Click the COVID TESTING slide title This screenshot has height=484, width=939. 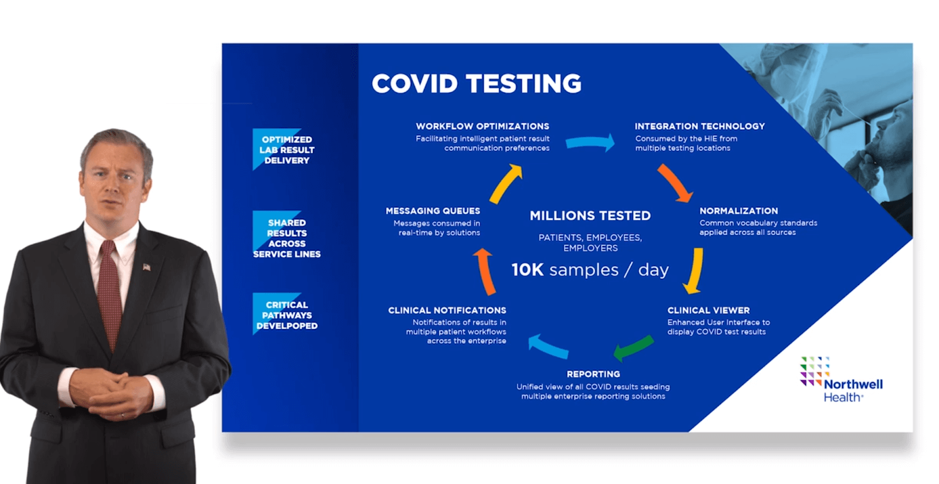coord(476,83)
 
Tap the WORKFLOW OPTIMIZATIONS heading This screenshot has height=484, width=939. coord(482,126)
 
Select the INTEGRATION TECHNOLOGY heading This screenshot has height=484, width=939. coord(700,126)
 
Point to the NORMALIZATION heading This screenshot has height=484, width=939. coord(739,211)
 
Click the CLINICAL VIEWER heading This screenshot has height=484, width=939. coord(708,310)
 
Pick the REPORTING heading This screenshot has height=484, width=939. coord(593,374)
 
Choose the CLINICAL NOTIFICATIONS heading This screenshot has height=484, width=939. coord(447,310)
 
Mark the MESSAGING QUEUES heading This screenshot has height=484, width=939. coord(433,211)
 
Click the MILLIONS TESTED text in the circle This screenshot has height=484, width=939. coord(590,216)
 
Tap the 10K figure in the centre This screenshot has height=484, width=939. coord(528,270)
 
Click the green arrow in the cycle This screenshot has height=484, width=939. coord(634,348)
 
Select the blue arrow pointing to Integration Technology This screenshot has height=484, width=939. coord(590,143)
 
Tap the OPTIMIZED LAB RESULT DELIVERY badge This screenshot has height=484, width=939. coord(287,150)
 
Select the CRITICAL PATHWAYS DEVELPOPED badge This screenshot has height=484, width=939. coord(287,315)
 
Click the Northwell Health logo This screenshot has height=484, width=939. coord(841,379)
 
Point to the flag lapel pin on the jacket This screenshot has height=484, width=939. coord(147,267)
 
